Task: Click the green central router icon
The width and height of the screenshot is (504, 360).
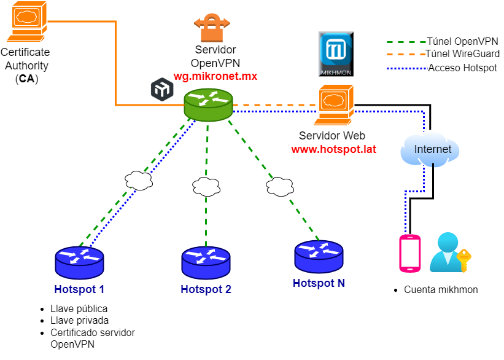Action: (208, 104)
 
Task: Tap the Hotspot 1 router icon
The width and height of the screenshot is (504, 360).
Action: (79, 262)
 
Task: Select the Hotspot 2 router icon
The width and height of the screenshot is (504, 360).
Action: (206, 262)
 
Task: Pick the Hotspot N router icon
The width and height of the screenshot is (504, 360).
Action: (319, 256)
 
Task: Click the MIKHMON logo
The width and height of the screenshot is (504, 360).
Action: (336, 54)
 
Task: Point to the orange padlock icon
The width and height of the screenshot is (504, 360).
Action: (212, 28)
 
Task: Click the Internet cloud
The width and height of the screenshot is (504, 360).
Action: (430, 149)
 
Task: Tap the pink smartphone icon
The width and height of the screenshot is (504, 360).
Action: (409, 253)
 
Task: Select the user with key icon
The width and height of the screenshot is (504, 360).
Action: (449, 252)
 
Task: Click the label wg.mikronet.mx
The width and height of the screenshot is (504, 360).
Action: (215, 76)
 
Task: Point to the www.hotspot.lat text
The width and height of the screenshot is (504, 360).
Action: (333, 149)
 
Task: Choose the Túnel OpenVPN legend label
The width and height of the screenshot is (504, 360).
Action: (462, 42)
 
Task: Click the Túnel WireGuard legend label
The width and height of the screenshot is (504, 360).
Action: (462, 54)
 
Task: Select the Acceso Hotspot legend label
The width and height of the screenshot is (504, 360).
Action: (462, 68)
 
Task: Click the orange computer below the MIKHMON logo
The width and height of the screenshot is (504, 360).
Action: (334, 105)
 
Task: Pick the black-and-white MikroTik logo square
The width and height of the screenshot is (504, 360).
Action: (162, 89)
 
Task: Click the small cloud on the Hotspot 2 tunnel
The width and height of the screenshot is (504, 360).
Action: (206, 186)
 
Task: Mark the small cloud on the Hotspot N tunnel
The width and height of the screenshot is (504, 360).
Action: (280, 186)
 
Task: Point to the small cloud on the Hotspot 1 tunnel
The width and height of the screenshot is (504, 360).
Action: (139, 181)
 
